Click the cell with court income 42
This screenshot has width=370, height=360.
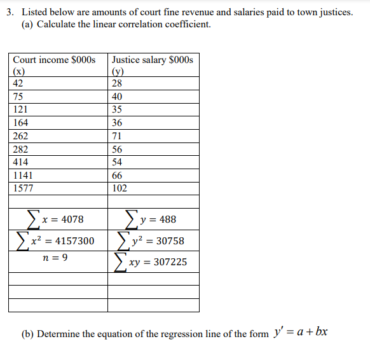(18, 83)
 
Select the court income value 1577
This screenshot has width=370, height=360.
(24, 188)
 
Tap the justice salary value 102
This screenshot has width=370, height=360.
(119, 188)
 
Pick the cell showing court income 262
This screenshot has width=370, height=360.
(20, 136)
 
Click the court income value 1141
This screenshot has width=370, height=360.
(24, 175)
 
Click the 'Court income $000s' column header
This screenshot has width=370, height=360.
(54, 60)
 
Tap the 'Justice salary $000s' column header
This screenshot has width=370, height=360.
(152, 60)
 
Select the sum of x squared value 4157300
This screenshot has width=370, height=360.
(57, 241)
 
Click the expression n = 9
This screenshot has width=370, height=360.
(55, 258)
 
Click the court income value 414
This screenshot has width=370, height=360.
(20, 162)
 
